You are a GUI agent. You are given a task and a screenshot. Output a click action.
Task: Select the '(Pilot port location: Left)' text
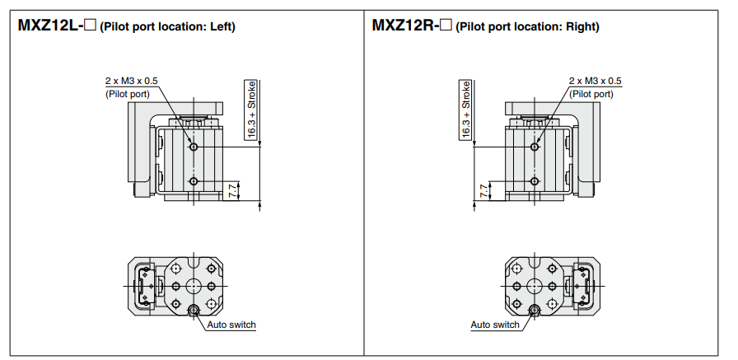[167, 26]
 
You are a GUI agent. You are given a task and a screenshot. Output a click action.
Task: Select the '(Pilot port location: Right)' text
[527, 26]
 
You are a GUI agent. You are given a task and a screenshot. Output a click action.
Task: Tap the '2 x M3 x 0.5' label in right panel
[595, 82]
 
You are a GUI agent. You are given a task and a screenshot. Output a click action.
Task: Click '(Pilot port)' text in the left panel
[128, 94]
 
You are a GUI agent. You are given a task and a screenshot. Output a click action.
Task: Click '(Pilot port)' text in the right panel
[592, 94]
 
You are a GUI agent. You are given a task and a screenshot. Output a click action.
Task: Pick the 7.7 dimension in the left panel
[233, 190]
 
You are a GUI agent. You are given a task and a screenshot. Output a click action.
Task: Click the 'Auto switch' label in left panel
[231, 325]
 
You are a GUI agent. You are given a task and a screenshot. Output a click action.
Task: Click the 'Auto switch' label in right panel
[495, 325]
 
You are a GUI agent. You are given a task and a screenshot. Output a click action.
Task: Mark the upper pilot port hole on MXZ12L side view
[193, 147]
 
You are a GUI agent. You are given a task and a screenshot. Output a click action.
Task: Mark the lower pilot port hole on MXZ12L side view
[193, 181]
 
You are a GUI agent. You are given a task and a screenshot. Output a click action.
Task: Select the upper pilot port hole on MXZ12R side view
[535, 147]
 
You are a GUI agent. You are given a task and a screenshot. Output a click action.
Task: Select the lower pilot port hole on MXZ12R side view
[535, 181]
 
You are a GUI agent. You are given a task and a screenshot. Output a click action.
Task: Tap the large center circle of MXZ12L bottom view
[194, 286]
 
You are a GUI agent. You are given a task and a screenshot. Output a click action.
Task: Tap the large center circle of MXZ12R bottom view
[535, 286]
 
